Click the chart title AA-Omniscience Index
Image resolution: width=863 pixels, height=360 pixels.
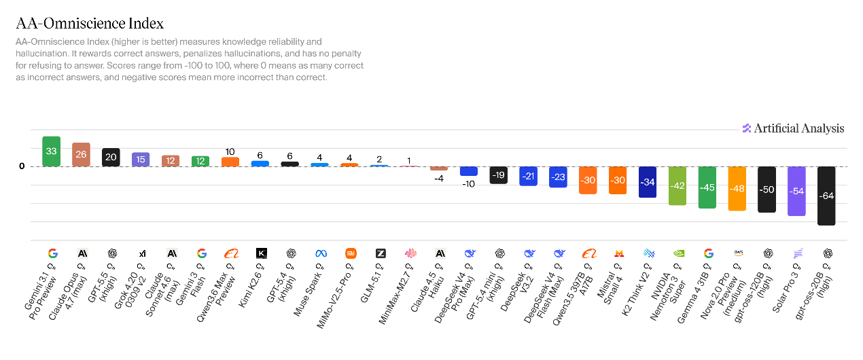[90, 24]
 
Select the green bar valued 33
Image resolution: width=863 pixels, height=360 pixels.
[51, 151]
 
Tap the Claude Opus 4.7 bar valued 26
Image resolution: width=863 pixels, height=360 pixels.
[81, 155]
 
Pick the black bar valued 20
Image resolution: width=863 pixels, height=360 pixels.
[111, 157]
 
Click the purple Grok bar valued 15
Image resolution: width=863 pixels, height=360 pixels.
[141, 159]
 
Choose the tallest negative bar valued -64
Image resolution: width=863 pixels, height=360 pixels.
[826, 196]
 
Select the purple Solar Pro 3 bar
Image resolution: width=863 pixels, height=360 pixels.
[796, 191]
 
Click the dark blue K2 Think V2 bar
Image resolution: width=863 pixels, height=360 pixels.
[648, 182]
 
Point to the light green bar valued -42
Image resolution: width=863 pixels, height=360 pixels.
[677, 185]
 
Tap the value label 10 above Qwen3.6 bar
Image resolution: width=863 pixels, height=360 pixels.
[230, 151]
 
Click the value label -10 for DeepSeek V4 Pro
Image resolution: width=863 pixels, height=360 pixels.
[469, 183]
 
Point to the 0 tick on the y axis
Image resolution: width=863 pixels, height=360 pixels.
[22, 166]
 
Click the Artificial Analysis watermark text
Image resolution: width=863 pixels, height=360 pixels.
[799, 128]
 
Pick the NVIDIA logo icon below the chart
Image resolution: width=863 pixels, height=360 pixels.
[677, 253]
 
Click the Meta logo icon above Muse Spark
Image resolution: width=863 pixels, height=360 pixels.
[321, 253]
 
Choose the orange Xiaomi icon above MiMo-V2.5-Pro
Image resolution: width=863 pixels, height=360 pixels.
[350, 253]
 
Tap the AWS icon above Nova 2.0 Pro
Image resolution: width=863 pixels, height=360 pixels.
[737, 253]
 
